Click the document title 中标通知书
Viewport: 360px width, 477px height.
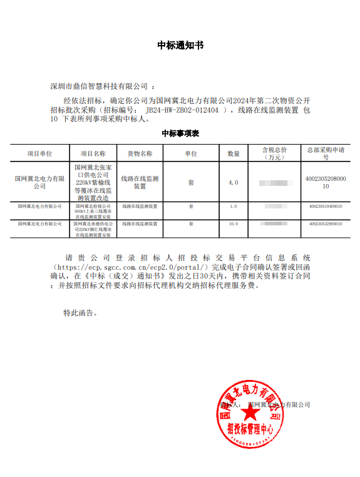click(180, 46)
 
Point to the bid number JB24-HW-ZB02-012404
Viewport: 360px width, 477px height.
click(187, 110)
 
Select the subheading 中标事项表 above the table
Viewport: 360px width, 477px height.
click(180, 133)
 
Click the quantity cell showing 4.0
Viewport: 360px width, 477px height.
click(234, 182)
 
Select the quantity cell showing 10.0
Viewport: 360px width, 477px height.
click(234, 223)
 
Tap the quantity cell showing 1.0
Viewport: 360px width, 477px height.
click(234, 206)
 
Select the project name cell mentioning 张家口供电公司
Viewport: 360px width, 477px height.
click(93, 182)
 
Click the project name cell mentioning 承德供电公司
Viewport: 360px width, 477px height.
click(93, 229)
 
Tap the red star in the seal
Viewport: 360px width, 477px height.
click(250, 413)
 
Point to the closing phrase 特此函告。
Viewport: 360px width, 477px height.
click(80, 312)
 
